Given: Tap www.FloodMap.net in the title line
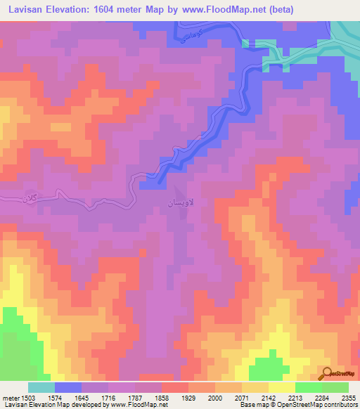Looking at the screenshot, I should (226, 10).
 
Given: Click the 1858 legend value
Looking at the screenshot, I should (161, 398).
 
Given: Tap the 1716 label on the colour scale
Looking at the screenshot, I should (110, 398).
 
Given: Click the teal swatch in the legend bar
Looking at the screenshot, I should (41, 387).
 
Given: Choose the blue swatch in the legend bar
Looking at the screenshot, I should (68, 387).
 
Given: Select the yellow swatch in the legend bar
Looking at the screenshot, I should (282, 387).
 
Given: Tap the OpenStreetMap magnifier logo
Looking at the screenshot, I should (326, 373).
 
